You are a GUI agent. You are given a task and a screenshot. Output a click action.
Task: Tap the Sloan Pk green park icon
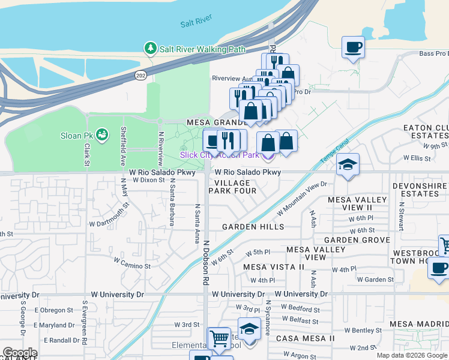click(101, 134)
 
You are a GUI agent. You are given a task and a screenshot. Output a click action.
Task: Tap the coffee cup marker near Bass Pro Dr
click(353, 47)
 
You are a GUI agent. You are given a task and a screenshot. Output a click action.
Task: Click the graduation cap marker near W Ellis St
click(348, 165)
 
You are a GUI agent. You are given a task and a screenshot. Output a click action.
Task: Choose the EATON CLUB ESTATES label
click(426, 132)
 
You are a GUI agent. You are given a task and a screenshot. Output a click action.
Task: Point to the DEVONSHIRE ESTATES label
click(420, 190)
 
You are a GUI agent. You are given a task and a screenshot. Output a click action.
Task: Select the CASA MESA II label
click(306, 338)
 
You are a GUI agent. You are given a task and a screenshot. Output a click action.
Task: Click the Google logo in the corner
click(19, 353)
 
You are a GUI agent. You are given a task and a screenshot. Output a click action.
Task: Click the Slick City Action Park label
click(220, 155)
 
